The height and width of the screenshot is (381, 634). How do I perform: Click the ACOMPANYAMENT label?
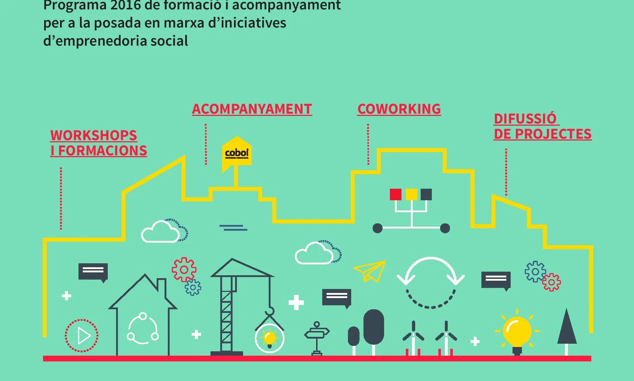click(x=252, y=109)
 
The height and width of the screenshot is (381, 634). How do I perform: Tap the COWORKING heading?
click(x=399, y=109)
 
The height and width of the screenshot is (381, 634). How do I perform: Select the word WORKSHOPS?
click(x=94, y=135)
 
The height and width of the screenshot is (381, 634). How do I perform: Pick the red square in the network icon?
click(x=396, y=194)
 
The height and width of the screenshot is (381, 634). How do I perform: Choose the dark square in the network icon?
click(x=426, y=194)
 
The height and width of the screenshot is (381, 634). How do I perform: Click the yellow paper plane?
click(x=371, y=271)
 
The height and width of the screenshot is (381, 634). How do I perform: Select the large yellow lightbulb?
click(x=517, y=331)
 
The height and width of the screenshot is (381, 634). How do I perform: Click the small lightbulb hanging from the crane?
click(x=269, y=338)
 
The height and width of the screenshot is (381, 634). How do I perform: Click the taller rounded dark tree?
click(x=374, y=327)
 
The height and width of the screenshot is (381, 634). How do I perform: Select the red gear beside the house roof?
click(x=184, y=269)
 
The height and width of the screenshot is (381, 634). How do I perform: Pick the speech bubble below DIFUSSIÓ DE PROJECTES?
click(x=496, y=280)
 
